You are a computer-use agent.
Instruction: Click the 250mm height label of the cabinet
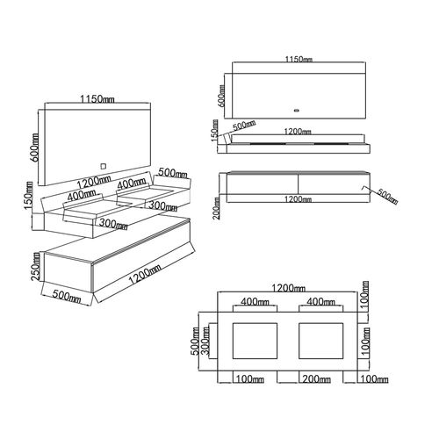pyautogui.click(x=36, y=267)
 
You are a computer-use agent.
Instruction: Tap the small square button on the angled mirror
pyautogui.click(x=104, y=166)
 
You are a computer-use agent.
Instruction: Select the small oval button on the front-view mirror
pyautogui.click(x=297, y=111)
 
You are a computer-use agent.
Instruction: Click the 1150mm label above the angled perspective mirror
pyautogui.click(x=97, y=99)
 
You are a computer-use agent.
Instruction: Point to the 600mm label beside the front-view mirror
pyautogui.click(x=222, y=96)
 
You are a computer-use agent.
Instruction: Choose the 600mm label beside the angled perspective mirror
pyautogui.click(x=34, y=148)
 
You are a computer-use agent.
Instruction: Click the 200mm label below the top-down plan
pyautogui.click(x=317, y=379)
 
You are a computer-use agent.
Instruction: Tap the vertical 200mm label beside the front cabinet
pyautogui.click(x=217, y=208)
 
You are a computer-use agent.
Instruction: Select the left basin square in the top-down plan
pyautogui.click(x=255, y=341)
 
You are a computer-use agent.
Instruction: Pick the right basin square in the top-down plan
pyautogui.click(x=320, y=341)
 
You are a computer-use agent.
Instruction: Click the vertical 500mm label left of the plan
pyautogui.click(x=195, y=341)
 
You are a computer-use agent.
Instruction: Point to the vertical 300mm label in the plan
pyautogui.click(x=206, y=341)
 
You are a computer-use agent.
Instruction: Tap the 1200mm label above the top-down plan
pyautogui.click(x=288, y=288)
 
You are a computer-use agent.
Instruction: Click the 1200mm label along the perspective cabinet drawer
pyautogui.click(x=145, y=274)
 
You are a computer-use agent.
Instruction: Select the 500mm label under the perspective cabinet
pyautogui.click(x=67, y=296)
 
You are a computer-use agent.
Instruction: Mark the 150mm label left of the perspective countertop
pyautogui.click(x=29, y=195)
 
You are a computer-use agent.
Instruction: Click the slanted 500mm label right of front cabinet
pyautogui.click(x=387, y=196)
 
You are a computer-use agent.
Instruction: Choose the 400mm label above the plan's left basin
pyautogui.click(x=255, y=301)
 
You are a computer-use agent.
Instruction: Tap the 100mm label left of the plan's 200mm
pyautogui.click(x=249, y=379)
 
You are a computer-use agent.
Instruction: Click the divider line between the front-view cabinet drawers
pyautogui.click(x=298, y=184)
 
